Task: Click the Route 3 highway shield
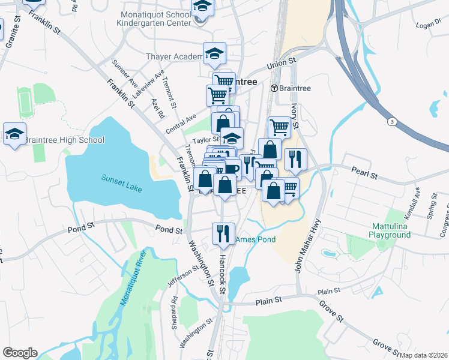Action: [391, 122]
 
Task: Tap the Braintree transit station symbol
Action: [274, 88]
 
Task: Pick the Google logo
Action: [20, 353]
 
